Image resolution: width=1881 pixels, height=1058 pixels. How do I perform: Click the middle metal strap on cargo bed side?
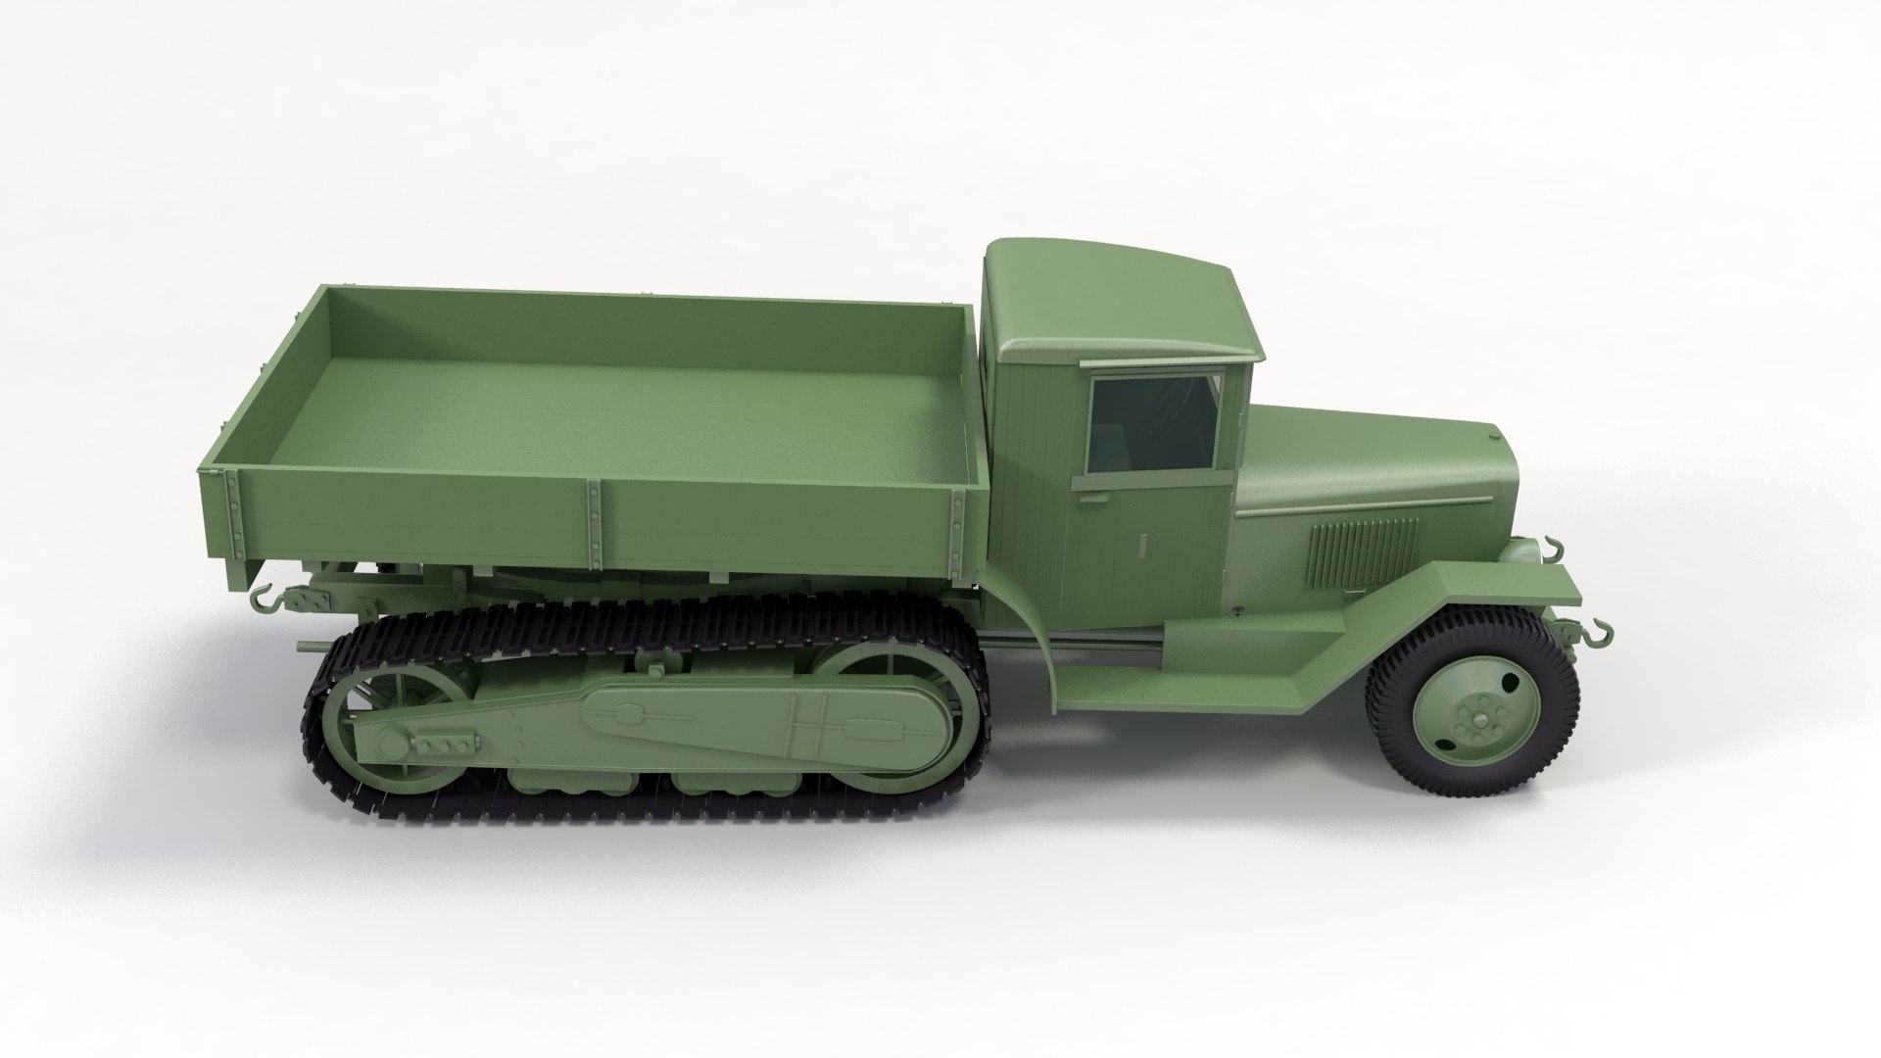[594, 524]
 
